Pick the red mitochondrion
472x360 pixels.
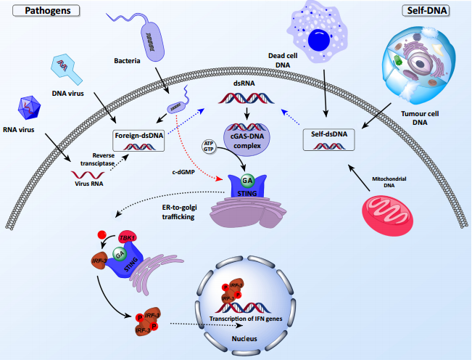point(392,211)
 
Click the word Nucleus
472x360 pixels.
point(246,338)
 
